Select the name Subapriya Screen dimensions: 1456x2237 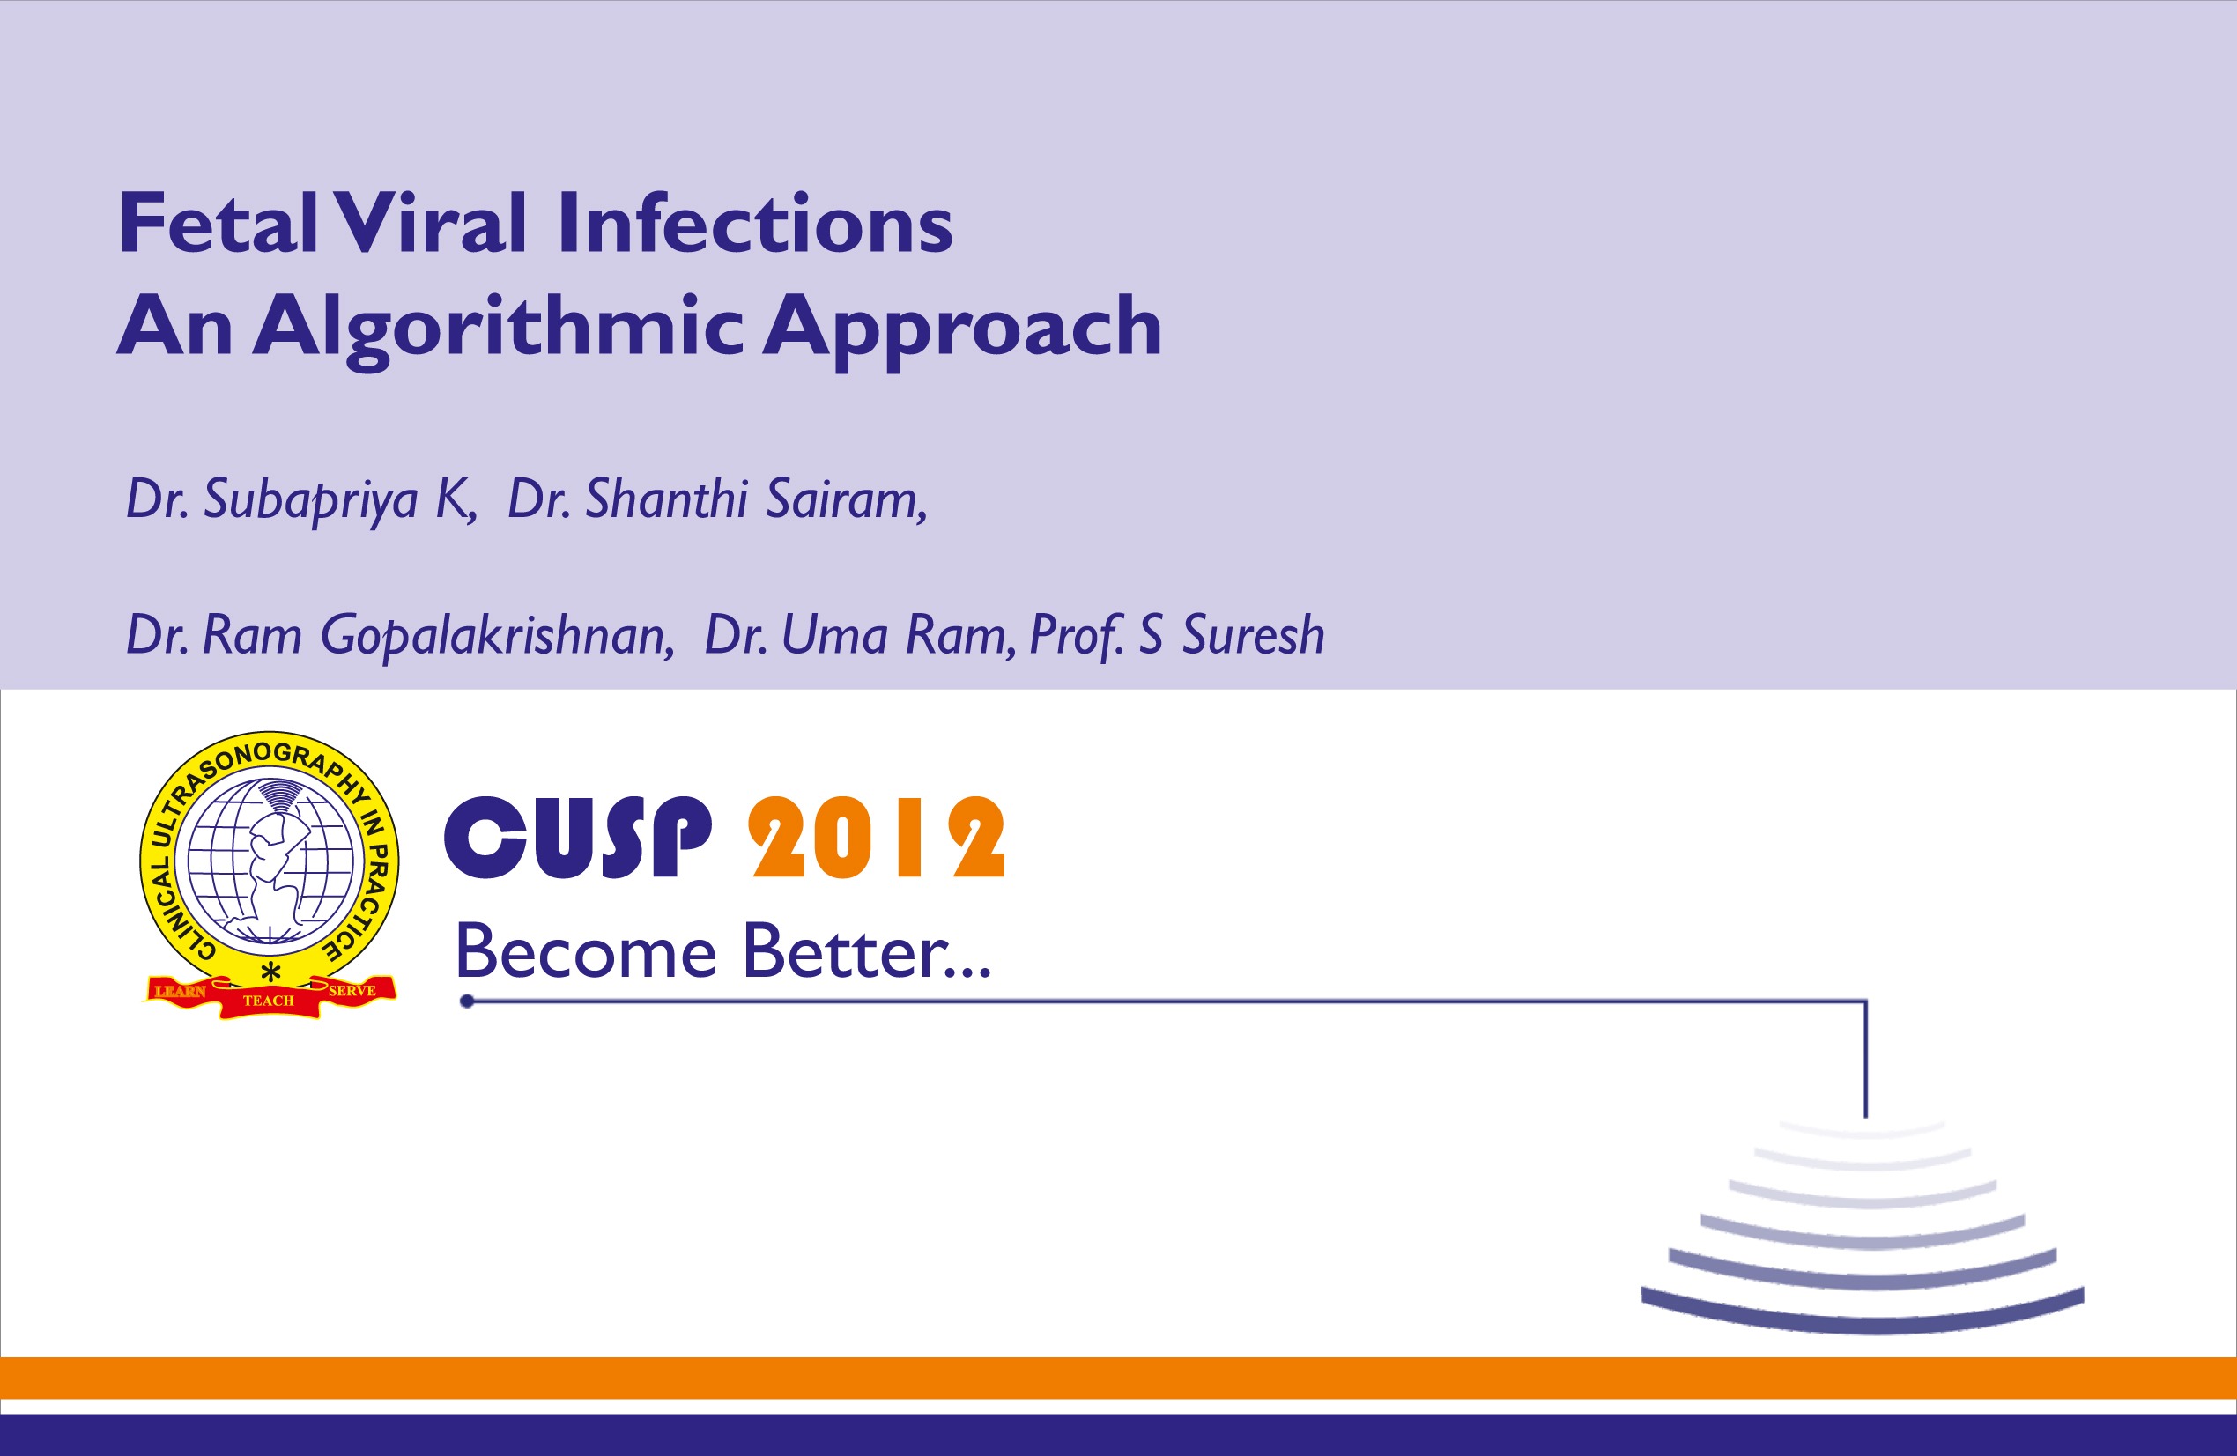[x=310, y=499]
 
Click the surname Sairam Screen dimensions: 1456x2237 [x=845, y=499]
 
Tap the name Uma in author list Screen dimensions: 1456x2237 [x=834, y=635]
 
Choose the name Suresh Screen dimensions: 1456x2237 [x=1253, y=635]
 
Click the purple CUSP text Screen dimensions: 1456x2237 [x=577, y=838]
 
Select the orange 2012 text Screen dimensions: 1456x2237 [x=876, y=838]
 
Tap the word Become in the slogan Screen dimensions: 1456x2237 [x=586, y=952]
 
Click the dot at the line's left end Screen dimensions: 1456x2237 [x=466, y=1001]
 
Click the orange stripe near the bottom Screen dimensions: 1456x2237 [x=1119, y=1378]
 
